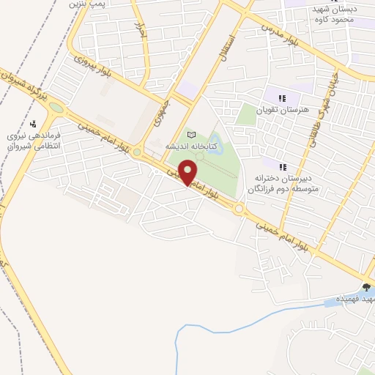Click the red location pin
click(188, 174)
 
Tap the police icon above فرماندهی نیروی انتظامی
click(33, 123)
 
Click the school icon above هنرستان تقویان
click(282, 98)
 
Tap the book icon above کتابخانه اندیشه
click(193, 135)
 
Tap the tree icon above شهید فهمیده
click(366, 286)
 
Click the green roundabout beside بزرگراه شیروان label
click(57, 110)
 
